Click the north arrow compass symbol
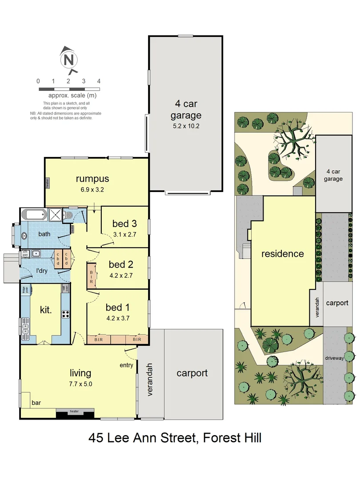tap(68, 60)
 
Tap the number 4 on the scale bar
tap(99, 81)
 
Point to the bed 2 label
tap(121, 265)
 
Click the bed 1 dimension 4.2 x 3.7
tap(118, 318)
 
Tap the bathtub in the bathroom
tap(35, 216)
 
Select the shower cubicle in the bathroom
tap(56, 215)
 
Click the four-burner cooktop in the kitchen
tap(66, 314)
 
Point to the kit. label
tap(46, 310)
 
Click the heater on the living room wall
tap(74, 412)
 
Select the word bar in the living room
tap(36, 404)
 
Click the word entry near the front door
tap(126, 365)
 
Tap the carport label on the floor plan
tap(192, 373)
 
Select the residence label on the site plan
tap(283, 254)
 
